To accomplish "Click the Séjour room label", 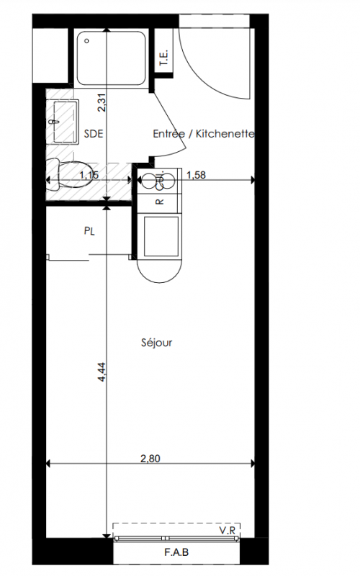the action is (x=156, y=343).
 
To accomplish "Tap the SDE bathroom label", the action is (x=94, y=133).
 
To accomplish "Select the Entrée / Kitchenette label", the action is (x=204, y=133).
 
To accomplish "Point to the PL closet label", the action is (x=89, y=231).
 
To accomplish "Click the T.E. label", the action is (x=163, y=58).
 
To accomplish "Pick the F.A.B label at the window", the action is (x=176, y=552).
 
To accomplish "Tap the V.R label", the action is (x=228, y=531).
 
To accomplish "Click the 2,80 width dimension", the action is (x=150, y=459).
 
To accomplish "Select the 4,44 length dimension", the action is (x=102, y=372).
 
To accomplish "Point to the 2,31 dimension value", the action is (x=102, y=102).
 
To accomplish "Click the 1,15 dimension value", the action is (x=89, y=175).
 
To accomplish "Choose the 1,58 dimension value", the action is (x=196, y=175).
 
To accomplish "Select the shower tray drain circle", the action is (x=86, y=41).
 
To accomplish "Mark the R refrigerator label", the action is (x=159, y=202).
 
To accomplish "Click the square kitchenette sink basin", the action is (x=161, y=236).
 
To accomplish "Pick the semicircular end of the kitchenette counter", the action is (x=159, y=271).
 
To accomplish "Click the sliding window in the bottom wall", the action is (x=176, y=539).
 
